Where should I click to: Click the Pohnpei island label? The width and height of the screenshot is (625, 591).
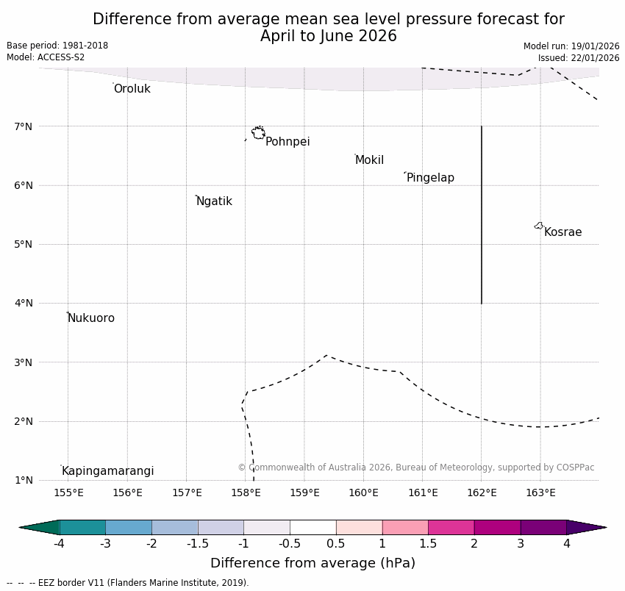(x=287, y=142)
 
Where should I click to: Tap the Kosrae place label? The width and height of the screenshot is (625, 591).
(x=562, y=232)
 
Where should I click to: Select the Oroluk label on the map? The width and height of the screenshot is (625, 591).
(x=132, y=89)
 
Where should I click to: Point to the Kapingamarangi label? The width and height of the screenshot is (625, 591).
(x=107, y=471)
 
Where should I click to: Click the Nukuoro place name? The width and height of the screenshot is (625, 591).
(x=91, y=318)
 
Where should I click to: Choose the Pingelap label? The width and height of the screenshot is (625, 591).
(x=430, y=178)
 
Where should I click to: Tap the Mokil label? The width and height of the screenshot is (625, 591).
(x=369, y=160)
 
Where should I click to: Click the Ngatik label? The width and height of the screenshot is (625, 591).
(x=214, y=201)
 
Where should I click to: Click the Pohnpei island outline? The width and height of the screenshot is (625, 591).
(x=258, y=133)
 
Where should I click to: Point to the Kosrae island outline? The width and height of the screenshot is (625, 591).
(x=539, y=226)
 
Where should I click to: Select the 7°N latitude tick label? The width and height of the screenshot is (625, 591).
(x=24, y=126)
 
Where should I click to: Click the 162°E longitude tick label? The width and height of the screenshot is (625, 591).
(x=482, y=492)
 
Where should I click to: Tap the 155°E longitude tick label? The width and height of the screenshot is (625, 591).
(x=68, y=492)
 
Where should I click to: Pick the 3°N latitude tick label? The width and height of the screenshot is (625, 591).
(x=24, y=362)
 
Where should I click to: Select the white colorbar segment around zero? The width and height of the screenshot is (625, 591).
(x=312, y=527)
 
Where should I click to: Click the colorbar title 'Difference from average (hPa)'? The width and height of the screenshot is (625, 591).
(x=312, y=563)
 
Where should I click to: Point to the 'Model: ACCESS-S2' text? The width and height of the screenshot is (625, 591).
(x=46, y=57)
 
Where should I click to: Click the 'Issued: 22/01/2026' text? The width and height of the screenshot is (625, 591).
(x=579, y=58)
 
